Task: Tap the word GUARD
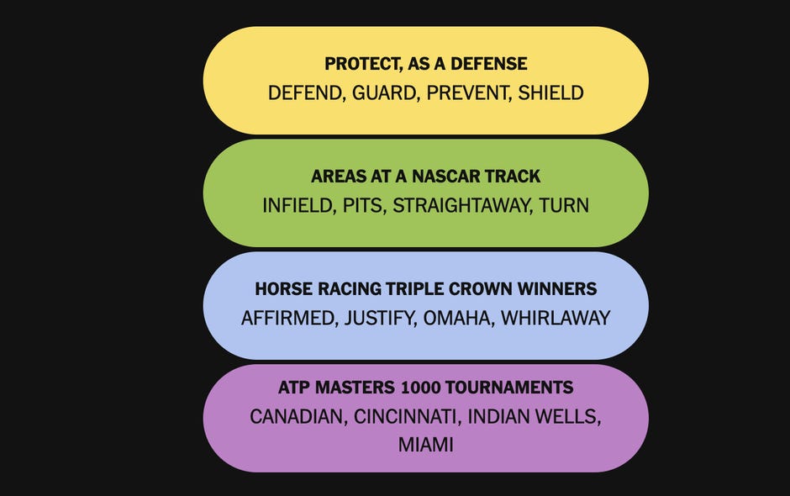tap(384, 92)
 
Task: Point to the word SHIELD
tap(550, 92)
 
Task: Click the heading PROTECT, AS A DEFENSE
tap(426, 64)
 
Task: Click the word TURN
tap(564, 205)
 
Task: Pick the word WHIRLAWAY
tap(556, 318)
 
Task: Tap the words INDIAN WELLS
tap(535, 416)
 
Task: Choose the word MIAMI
tap(426, 445)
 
